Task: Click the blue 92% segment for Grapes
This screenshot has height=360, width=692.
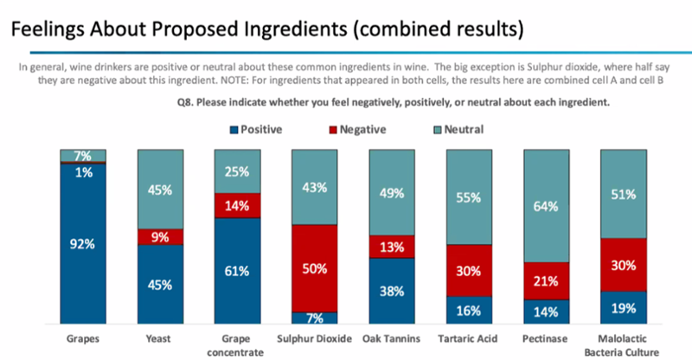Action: coord(83,243)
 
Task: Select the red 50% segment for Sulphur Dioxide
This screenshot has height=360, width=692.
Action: coord(314,268)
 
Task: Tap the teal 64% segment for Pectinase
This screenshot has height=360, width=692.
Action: coord(547,206)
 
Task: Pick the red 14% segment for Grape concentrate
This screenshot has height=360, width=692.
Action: coord(237,205)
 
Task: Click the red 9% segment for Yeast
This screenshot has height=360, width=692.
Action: coord(160,237)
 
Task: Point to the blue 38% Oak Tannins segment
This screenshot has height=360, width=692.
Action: coord(392,291)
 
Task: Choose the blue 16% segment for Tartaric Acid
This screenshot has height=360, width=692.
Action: coord(469,310)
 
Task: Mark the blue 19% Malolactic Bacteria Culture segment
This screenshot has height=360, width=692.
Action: coord(624,307)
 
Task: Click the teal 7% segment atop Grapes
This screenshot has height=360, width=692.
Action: coord(83,156)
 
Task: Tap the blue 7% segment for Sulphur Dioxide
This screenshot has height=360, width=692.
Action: coord(314,318)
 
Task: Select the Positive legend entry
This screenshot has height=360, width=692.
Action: coord(256,130)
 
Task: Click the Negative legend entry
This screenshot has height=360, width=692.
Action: coord(357,130)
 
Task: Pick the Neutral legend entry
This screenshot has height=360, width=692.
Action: coord(458,130)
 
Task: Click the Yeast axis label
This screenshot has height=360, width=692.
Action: coord(158,338)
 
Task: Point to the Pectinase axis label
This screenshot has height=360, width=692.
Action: coord(545,338)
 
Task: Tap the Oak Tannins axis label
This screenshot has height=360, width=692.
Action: coord(392,338)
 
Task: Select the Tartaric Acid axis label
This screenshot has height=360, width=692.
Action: coord(468,338)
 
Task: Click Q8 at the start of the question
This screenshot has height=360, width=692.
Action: coord(184,102)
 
